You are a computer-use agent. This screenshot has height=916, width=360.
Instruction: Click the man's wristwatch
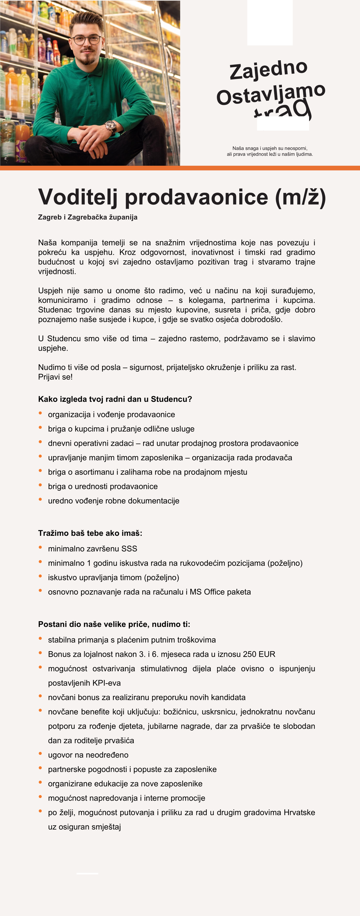pyautogui.click(x=110, y=126)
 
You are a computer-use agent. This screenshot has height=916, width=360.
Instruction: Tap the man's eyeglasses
pyautogui.click(x=87, y=39)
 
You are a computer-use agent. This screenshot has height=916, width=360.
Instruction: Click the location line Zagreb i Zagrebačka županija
pyautogui.click(x=87, y=217)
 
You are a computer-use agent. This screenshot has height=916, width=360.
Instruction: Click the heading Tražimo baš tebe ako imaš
pyautogui.click(x=90, y=533)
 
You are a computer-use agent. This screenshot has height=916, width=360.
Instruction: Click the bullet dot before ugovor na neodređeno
pyautogui.click(x=40, y=753)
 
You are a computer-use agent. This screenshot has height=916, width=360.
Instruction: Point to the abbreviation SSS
pyautogui.click(x=129, y=549)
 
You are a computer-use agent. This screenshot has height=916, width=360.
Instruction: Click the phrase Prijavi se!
pyautogui.click(x=55, y=377)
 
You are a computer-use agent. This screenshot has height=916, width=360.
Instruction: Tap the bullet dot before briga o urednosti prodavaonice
pyautogui.click(x=40, y=485)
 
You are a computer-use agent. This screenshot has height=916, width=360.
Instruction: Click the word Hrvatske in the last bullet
pyautogui.click(x=299, y=813)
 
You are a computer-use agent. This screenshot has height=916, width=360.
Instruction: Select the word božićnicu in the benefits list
pyautogui.click(x=181, y=712)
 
